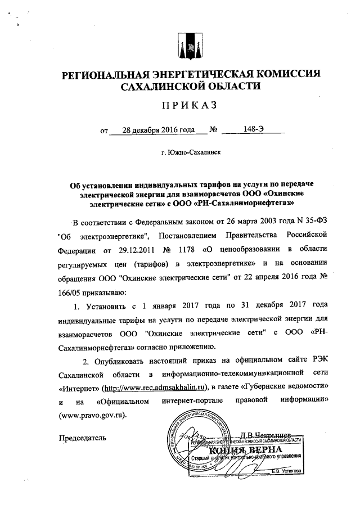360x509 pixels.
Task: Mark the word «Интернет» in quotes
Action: (x=79, y=388)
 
